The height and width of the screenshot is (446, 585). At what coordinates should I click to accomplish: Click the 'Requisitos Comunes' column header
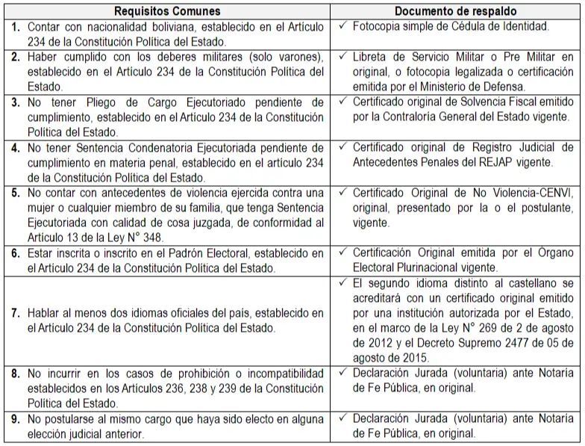pyautogui.click(x=167, y=11)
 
